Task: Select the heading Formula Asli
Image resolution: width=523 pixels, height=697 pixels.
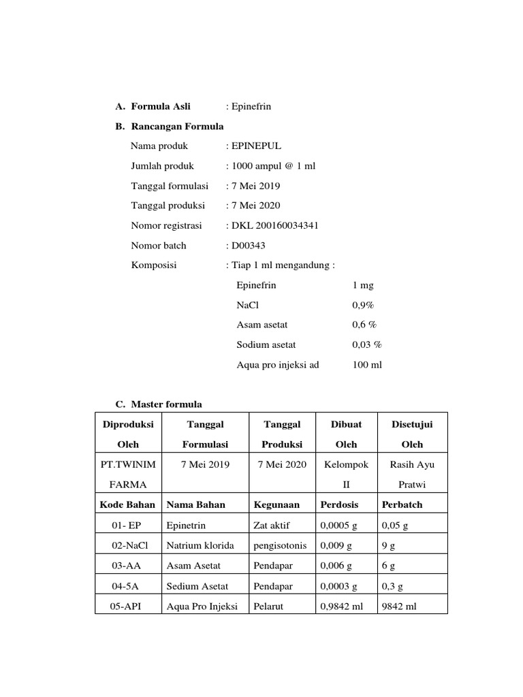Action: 161,106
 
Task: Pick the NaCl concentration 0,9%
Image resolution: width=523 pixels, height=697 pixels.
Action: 363,305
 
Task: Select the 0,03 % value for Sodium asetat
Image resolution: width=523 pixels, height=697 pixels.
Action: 366,344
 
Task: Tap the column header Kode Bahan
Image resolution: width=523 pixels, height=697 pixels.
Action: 127,504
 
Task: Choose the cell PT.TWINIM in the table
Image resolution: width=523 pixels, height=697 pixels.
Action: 128,464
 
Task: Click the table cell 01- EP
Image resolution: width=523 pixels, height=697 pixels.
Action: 127,525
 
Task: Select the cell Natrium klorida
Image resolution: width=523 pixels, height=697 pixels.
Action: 200,545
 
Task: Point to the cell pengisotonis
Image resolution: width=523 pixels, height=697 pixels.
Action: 280,545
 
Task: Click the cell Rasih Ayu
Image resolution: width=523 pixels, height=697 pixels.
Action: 412,464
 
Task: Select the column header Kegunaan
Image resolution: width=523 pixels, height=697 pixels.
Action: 277,504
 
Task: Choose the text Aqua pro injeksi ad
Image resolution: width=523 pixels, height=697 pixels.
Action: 278,364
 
